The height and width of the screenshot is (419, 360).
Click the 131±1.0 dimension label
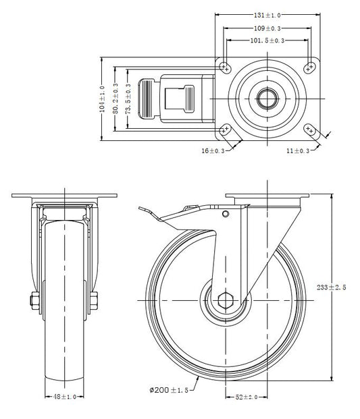[x=267, y=16]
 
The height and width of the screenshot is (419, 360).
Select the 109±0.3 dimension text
[x=267, y=28]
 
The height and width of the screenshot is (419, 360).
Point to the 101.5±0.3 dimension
[x=267, y=40]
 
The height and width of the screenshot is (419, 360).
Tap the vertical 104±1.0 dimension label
[x=102, y=99]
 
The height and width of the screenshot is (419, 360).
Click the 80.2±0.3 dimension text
[x=115, y=99]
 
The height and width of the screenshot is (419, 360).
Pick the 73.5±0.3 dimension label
[x=128, y=99]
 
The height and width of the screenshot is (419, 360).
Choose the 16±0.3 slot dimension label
[x=213, y=151]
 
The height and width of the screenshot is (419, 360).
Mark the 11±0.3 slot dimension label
[x=298, y=151]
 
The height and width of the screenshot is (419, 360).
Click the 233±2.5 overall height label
[x=332, y=287]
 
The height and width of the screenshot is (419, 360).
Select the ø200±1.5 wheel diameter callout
[x=169, y=391]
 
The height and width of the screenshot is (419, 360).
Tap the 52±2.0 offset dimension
[x=247, y=397]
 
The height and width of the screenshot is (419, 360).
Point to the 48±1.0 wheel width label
[x=65, y=397]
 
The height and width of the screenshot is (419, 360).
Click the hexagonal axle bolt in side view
[x=226, y=301]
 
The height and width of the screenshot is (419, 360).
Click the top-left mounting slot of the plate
[x=225, y=67]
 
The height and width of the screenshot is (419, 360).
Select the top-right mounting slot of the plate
[x=309, y=67]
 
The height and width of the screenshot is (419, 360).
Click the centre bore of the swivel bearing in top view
[x=267, y=99]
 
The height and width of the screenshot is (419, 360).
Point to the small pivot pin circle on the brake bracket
[x=226, y=214]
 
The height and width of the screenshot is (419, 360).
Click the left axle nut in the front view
[x=34, y=301]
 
